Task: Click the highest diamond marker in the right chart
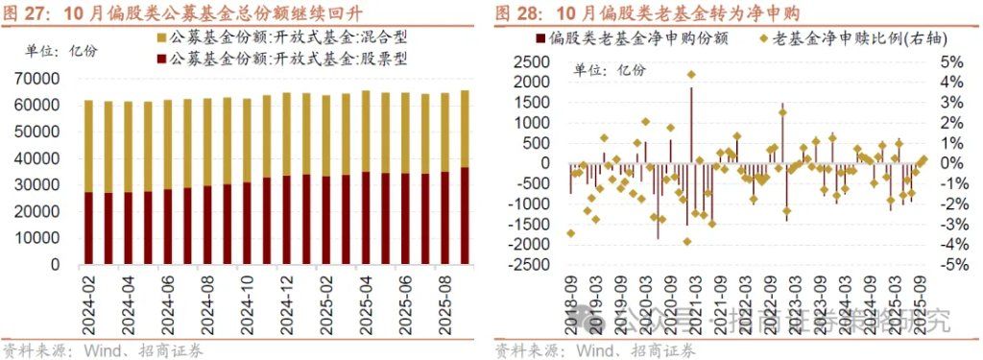pyautogui.click(x=690, y=74)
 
